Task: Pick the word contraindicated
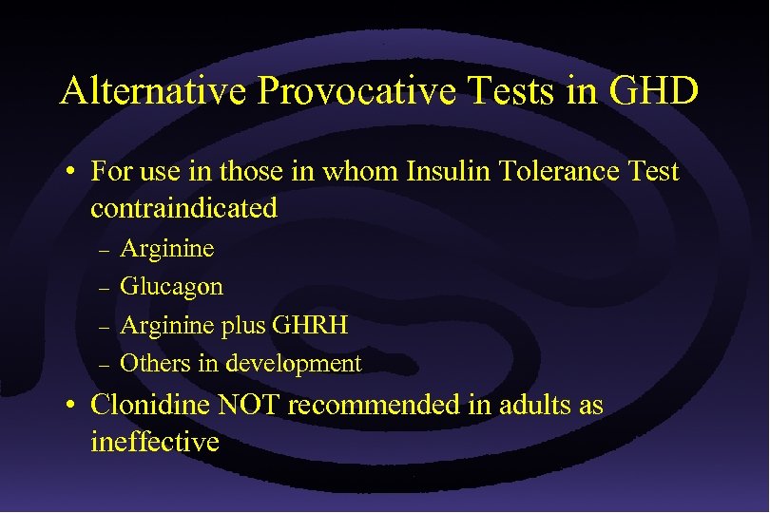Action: (x=183, y=208)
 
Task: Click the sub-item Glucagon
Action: (x=171, y=287)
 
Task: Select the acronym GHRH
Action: (x=310, y=325)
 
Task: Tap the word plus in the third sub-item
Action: (x=243, y=326)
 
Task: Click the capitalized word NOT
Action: (x=249, y=406)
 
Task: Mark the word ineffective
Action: (x=155, y=442)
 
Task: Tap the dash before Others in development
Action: (x=105, y=364)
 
